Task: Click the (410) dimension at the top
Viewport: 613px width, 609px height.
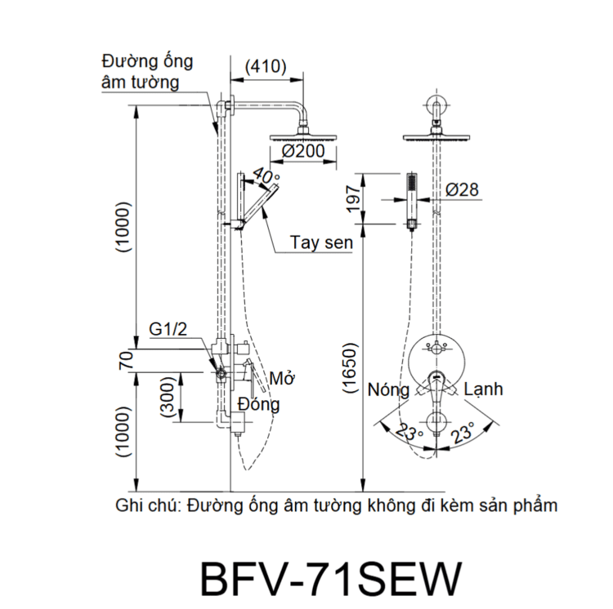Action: tap(266, 67)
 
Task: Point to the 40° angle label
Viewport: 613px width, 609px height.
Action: tap(266, 176)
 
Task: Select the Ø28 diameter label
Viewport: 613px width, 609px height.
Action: tap(463, 190)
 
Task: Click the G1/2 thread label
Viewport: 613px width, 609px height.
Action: tap(168, 329)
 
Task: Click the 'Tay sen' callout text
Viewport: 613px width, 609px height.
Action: tap(321, 243)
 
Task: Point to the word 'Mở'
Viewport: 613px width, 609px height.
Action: tap(282, 380)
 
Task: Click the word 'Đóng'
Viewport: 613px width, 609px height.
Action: tap(259, 403)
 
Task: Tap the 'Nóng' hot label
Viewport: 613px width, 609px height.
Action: tap(388, 389)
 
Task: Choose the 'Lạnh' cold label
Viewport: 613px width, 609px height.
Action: tap(483, 389)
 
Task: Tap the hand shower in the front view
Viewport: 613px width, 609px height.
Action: tap(412, 197)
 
